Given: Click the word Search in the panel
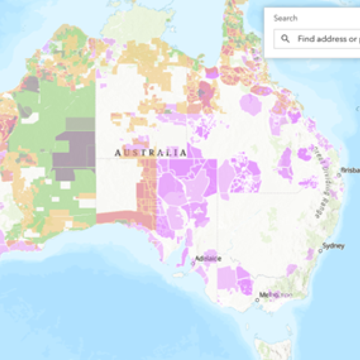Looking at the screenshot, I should coord(286,18).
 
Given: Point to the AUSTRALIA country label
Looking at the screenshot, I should coord(151,153).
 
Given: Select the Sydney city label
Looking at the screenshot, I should coord(334,245).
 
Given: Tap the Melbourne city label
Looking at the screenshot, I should coord(275,295).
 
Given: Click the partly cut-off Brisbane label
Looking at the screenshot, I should coord(350,170).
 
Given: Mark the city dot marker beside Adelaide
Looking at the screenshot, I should coord(194,262).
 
